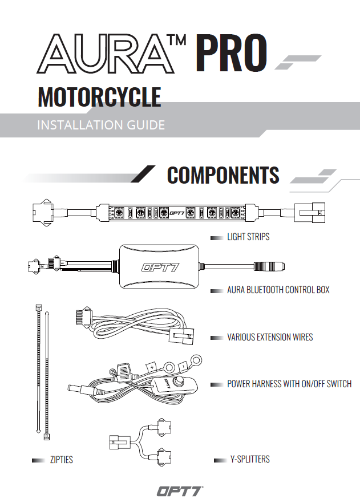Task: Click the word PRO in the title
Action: (231, 52)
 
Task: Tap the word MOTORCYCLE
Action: (99, 97)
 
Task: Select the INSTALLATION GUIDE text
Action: (101, 125)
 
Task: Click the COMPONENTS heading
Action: (223, 175)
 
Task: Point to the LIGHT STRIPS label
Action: (248, 237)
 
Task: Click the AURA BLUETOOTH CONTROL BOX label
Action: (278, 290)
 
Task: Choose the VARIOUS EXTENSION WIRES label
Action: (270, 337)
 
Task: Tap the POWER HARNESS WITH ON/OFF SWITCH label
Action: (289, 384)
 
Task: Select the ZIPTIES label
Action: (62, 460)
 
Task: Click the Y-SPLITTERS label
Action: (250, 460)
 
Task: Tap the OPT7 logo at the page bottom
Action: (180, 492)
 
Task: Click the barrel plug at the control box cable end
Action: (269, 266)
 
